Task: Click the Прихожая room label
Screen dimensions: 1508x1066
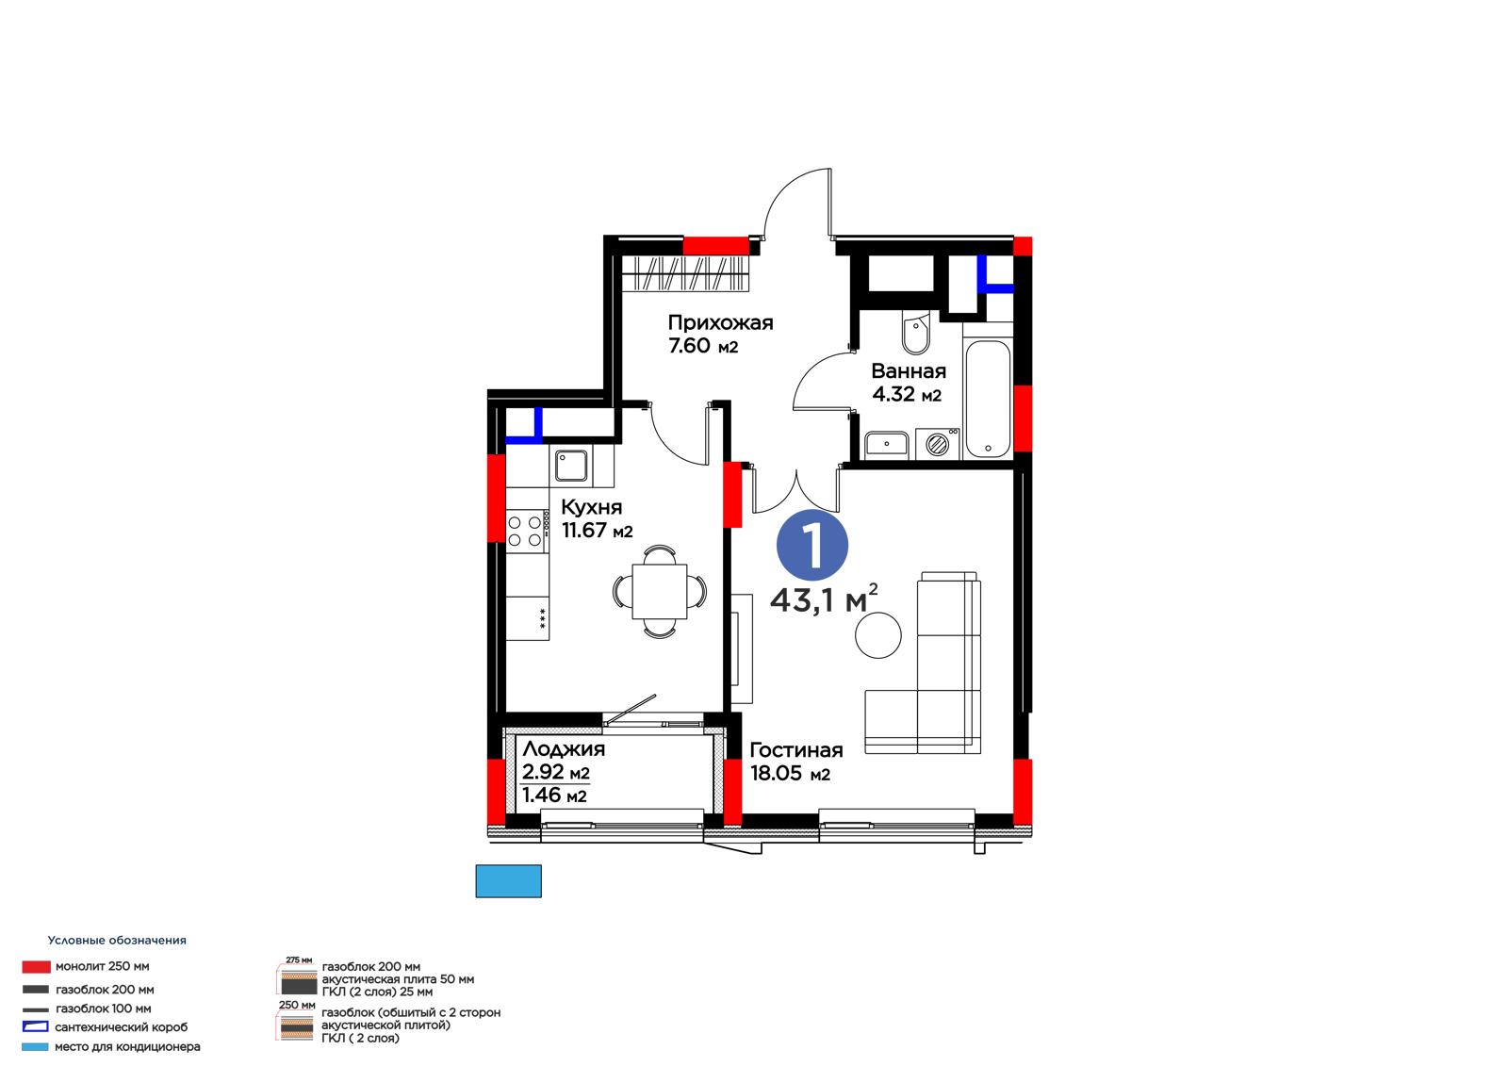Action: click(x=720, y=324)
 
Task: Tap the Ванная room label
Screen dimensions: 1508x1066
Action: click(x=909, y=371)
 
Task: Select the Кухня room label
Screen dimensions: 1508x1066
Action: click(x=591, y=507)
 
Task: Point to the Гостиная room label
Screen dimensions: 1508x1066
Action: click(x=795, y=749)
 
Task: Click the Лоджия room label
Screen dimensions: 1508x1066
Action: click(x=564, y=748)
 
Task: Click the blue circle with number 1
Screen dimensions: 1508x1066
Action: click(x=811, y=546)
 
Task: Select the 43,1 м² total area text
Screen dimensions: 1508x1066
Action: click(x=824, y=599)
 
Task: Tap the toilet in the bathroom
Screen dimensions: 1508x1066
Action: click(x=915, y=333)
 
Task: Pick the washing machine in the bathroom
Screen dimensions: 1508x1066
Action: click(x=938, y=444)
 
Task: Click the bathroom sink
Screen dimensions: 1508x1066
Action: click(x=886, y=445)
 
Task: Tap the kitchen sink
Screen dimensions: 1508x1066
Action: click(x=571, y=466)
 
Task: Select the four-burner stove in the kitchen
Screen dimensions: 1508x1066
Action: click(x=527, y=532)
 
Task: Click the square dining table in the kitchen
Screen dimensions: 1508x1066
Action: click(x=659, y=592)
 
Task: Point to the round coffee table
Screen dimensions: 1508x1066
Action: click(x=877, y=635)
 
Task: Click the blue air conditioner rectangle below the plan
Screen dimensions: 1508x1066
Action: click(x=508, y=881)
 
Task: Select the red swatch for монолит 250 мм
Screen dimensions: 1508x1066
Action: click(x=37, y=967)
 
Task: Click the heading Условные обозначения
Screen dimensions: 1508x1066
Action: click(x=117, y=940)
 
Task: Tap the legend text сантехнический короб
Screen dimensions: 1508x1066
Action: click(x=122, y=1027)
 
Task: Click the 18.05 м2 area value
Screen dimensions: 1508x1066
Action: click(x=791, y=773)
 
